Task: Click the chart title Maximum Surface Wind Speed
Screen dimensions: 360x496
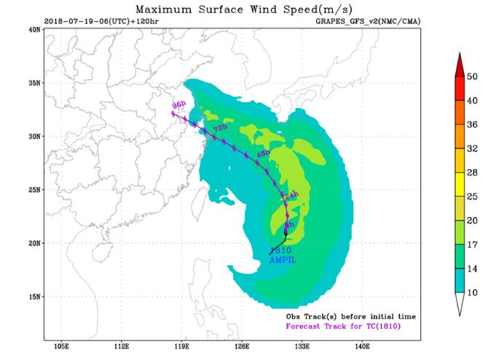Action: pyautogui.click(x=248, y=9)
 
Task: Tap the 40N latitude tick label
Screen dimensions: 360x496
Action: pyautogui.click(x=34, y=29)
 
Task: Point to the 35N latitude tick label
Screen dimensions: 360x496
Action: pyautogui.click(x=34, y=83)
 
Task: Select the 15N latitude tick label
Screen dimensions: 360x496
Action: pyautogui.click(x=34, y=297)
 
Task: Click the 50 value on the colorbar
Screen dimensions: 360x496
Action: pyautogui.click(x=472, y=76)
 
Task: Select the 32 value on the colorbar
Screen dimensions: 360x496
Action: pyautogui.click(x=472, y=148)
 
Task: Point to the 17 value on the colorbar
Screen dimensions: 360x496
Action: pyautogui.click(x=472, y=244)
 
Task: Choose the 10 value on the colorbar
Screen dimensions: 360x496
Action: pyautogui.click(x=472, y=292)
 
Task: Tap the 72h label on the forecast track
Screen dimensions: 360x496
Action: pyautogui.click(x=218, y=128)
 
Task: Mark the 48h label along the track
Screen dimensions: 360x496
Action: pyautogui.click(x=262, y=152)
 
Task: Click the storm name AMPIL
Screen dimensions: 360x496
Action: pyautogui.click(x=283, y=259)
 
